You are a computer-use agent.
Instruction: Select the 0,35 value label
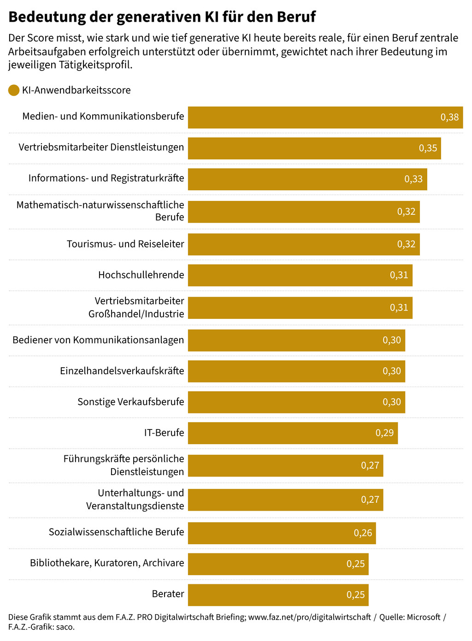coord(428,148)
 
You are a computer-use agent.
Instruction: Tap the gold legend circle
coord(14,90)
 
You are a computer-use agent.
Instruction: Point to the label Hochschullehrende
coord(141,275)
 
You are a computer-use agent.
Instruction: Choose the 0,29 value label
coord(384,433)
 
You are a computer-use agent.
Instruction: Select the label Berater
coord(168,594)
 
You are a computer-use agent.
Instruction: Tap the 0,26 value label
coord(363,533)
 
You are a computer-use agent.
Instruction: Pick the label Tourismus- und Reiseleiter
coord(125,244)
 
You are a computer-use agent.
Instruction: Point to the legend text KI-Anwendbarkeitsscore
coord(77,90)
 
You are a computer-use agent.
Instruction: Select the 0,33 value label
coord(413,179)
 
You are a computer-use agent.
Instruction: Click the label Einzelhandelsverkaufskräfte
coord(122,371)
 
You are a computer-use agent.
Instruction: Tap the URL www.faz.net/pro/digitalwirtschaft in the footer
coord(309,617)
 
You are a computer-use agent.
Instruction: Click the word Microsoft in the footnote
coord(423,617)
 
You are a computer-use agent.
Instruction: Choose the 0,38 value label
coord(449,118)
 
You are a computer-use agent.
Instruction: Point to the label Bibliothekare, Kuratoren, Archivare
coord(107,563)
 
